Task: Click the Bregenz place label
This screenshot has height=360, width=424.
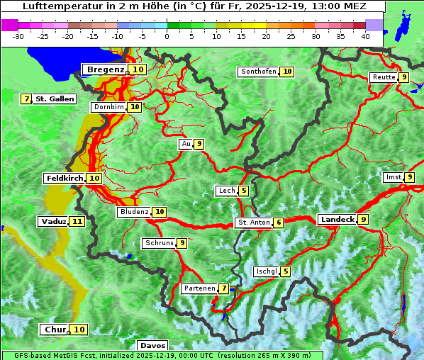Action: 106,69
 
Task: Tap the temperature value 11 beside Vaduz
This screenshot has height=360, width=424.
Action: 77,222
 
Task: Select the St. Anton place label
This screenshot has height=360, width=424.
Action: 254,223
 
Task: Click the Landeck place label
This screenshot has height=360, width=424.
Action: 337,220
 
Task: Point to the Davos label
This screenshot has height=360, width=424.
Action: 153,345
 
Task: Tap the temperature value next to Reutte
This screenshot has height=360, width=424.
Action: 403,77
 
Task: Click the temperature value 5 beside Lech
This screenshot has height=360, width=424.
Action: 244,191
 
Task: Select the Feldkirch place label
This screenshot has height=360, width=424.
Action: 64,178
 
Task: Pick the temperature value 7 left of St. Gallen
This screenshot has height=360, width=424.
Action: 26,99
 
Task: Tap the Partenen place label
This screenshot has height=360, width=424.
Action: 199,288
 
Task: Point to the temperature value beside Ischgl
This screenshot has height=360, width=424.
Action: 285,271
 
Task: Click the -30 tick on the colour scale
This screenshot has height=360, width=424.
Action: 18,35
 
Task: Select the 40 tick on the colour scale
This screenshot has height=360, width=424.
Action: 364,35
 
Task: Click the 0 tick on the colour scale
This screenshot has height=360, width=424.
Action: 167,35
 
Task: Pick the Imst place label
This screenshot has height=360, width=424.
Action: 392,177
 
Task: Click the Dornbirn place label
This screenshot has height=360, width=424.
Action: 109,107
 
